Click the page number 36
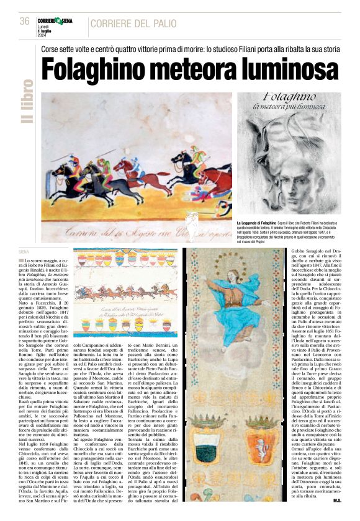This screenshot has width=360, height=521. tap(25, 21)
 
